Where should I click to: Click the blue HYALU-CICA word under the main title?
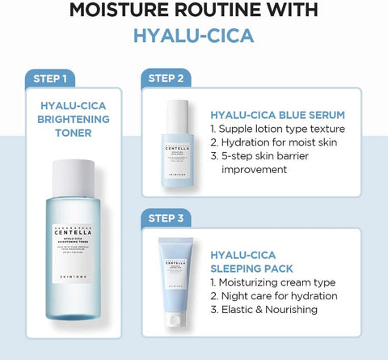click(194, 37)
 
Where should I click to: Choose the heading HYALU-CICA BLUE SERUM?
click(277, 114)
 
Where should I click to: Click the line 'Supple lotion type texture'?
click(277, 129)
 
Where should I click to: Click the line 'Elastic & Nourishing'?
click(264, 309)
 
